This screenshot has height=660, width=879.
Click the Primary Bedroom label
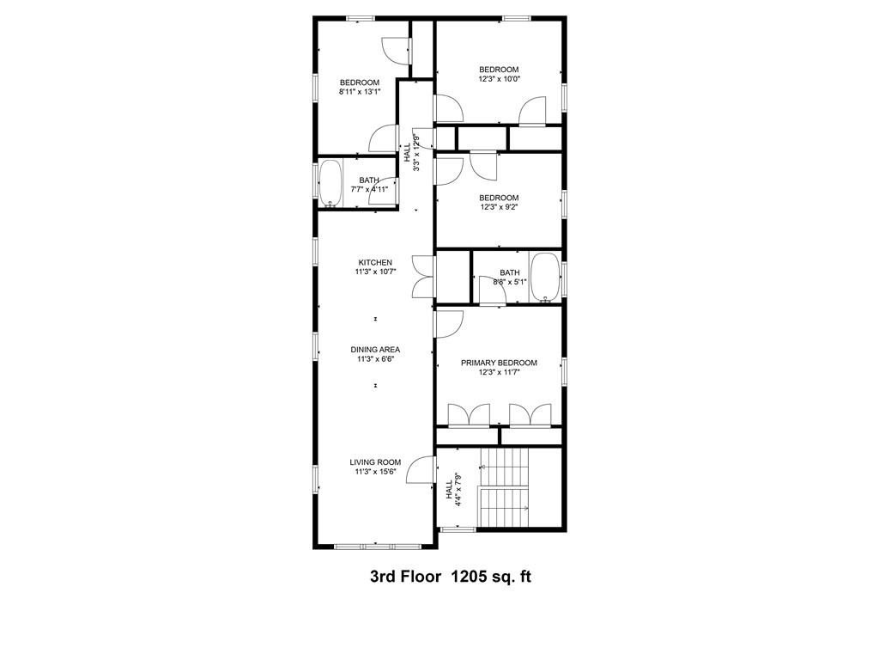[499, 363]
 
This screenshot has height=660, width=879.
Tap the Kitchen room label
[375, 262]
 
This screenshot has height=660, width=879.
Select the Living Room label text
[375, 461]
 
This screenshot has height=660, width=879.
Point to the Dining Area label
[375, 349]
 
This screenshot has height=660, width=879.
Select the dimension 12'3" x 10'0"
[499, 79]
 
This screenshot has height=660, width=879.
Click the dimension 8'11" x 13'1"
[359, 91]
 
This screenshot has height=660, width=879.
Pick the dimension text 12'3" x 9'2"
[499, 207]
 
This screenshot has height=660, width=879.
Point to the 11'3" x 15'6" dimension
[375, 472]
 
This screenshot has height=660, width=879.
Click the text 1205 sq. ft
[491, 577]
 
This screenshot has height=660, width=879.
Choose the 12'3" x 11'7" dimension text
[499, 373]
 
